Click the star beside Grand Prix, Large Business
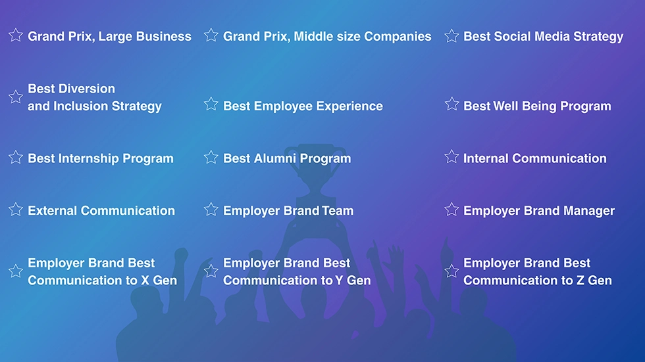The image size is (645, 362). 16,35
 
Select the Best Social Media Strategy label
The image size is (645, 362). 544,37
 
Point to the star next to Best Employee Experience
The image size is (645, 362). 211,104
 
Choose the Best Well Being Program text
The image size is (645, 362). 537,106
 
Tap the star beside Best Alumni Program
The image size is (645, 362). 211,157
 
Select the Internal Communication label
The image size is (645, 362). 534,158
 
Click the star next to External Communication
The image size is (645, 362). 16,210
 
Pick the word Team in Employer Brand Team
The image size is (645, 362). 338,211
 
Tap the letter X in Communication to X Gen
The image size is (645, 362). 145,281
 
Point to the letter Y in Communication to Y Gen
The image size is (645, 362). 339,281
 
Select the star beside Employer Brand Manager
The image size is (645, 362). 451,210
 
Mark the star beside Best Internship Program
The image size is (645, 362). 16,157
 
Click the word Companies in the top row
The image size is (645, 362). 398,37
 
